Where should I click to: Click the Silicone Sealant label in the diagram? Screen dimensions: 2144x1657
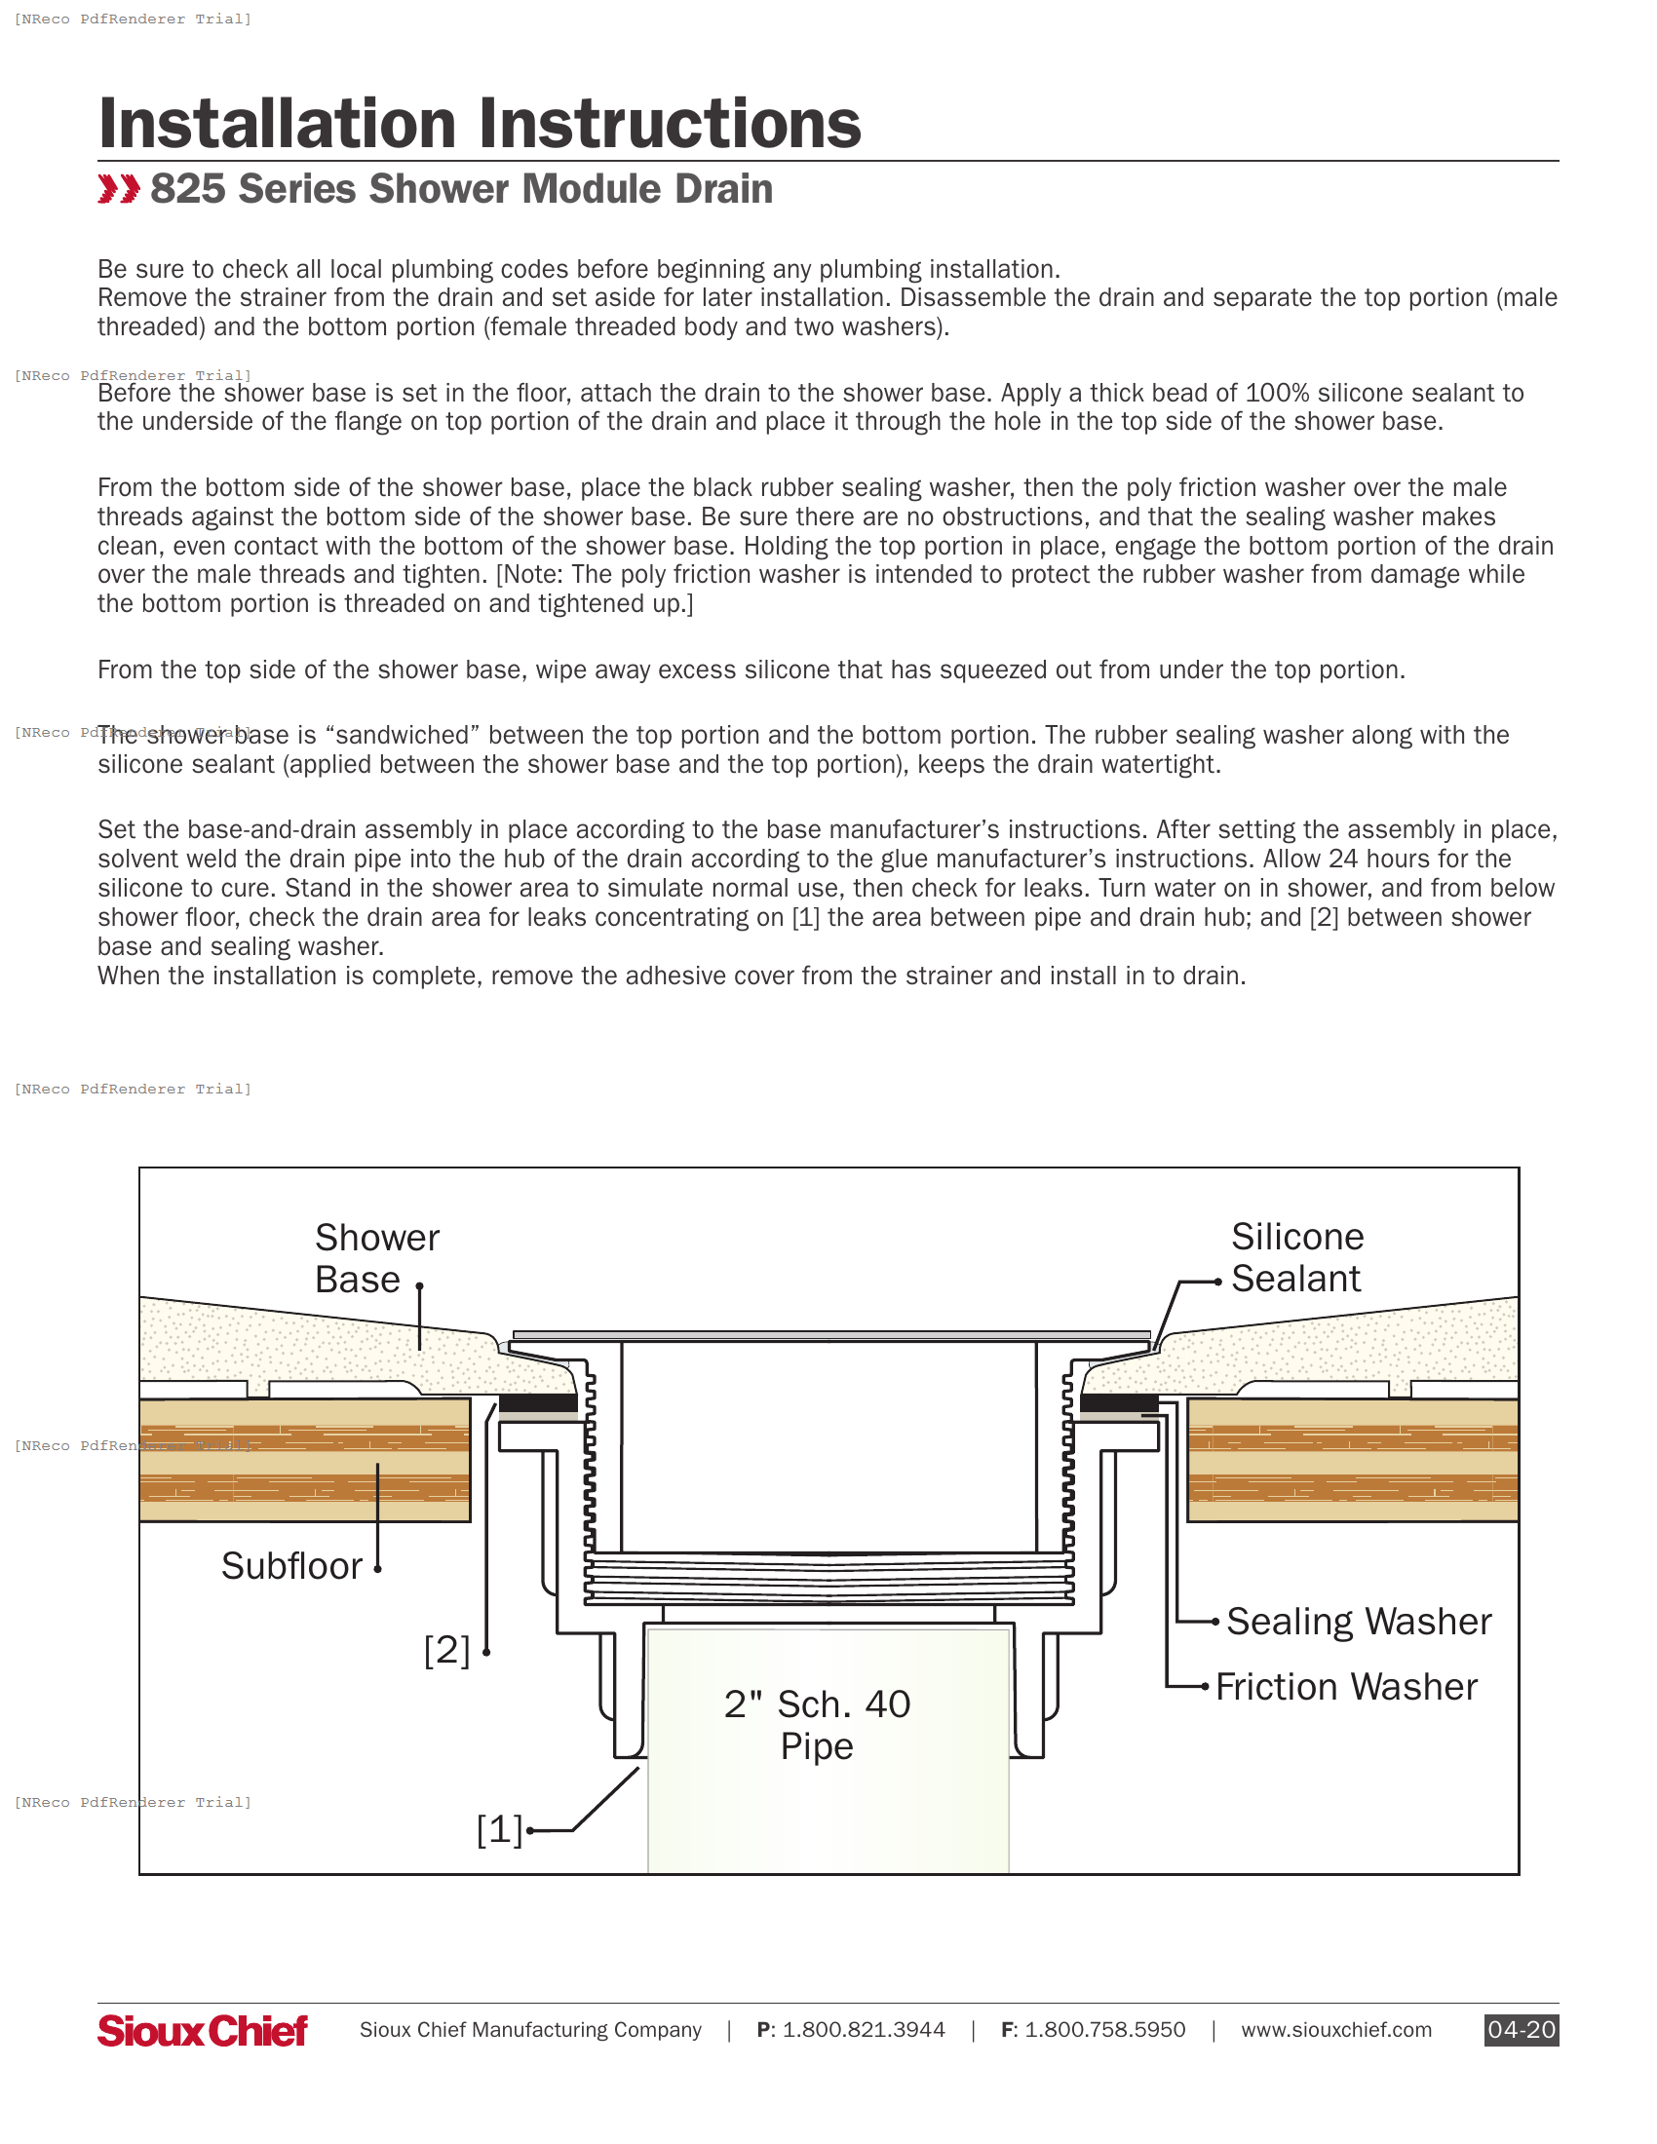[x=1296, y=1257]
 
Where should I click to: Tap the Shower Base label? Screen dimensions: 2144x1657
[x=377, y=1258]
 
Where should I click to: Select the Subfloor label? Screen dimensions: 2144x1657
[x=291, y=1566]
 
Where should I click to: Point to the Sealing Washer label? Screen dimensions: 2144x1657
[x=1359, y=1622]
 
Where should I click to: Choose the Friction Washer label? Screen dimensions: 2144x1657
[x=1346, y=1687]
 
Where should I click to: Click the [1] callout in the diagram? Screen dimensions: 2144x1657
[x=500, y=1830]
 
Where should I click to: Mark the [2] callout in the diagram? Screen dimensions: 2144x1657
[x=446, y=1650]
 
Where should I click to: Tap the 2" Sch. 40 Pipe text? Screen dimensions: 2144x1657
[x=817, y=1725]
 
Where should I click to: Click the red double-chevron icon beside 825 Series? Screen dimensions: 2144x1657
[x=119, y=189]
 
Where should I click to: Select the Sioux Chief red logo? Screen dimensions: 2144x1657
[x=202, y=2030]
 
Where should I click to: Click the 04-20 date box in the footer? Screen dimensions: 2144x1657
[x=1521, y=2029]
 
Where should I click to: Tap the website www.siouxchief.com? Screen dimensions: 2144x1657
[x=1336, y=2030]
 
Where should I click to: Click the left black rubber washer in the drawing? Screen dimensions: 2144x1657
[x=538, y=1402]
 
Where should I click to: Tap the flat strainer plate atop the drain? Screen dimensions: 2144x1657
[x=830, y=1335]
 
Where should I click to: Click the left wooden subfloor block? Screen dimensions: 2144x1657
[x=304, y=1460]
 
